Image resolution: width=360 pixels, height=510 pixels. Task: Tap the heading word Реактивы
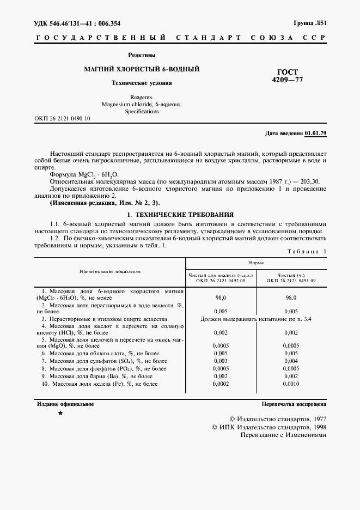[142, 55]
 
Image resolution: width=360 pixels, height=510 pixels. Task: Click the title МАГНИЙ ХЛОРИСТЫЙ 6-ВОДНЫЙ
[141, 69]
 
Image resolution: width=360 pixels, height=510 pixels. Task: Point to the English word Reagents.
[141, 96]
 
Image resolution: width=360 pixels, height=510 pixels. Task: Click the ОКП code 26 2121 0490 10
[62, 118]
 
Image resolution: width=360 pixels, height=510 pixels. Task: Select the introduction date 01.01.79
[315, 133]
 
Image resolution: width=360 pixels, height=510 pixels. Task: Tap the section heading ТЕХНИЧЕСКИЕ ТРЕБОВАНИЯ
[184, 214]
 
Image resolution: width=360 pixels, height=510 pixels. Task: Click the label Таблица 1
[306, 251]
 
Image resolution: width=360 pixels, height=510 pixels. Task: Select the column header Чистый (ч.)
[290, 276]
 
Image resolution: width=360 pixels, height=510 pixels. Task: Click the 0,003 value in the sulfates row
[221, 361]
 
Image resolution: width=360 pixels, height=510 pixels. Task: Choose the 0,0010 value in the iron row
[291, 384]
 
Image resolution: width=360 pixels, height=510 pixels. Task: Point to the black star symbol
[60, 414]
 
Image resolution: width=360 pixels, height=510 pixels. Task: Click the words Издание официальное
[65, 404]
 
